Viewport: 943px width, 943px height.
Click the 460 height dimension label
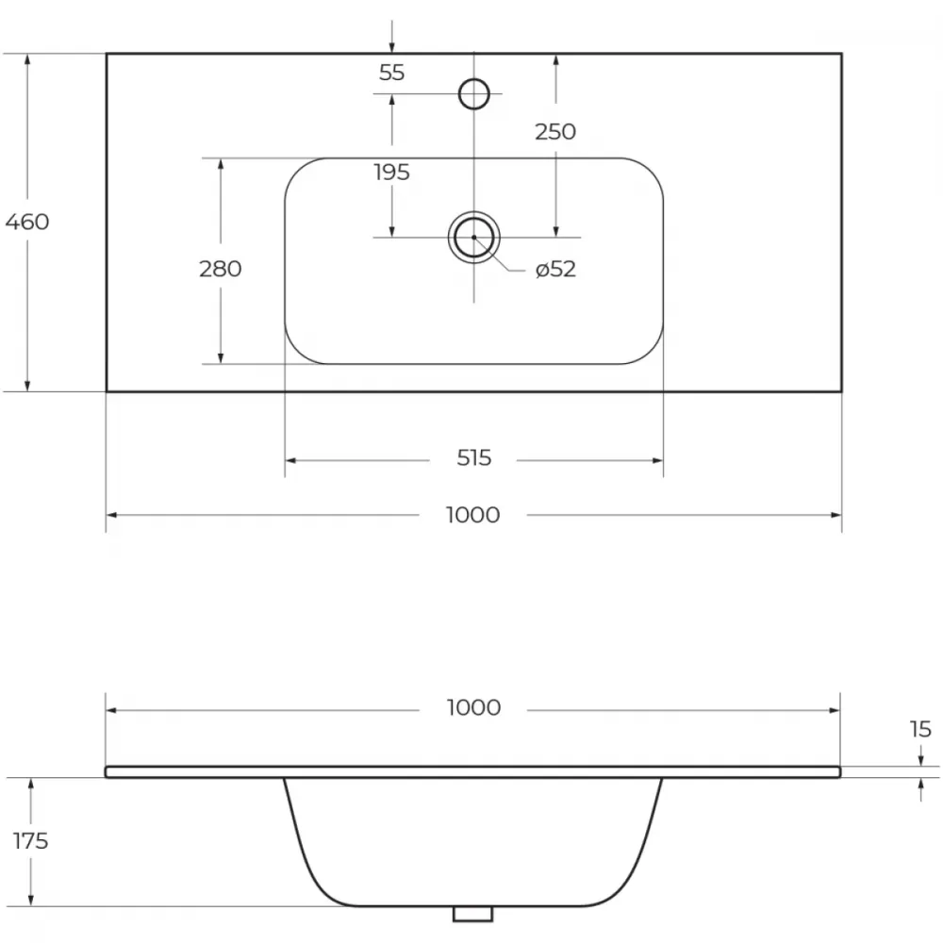pos(27,222)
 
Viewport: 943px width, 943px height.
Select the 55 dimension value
pos(391,73)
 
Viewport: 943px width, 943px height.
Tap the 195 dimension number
pos(391,173)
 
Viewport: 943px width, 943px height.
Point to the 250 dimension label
pos(555,132)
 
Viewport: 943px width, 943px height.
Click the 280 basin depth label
pos(220,269)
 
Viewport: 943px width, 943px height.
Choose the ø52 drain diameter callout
pos(555,269)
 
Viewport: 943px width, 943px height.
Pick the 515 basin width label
pos(474,458)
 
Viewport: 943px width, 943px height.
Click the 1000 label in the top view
pos(472,516)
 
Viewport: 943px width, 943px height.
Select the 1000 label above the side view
pos(473,708)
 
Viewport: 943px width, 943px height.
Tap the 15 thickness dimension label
pos(920,730)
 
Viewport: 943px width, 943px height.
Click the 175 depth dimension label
pos(31,841)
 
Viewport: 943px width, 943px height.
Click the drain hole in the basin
pos(474,238)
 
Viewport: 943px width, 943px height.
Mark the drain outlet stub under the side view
pos(472,913)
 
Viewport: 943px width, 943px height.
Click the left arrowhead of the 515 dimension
pos(290,461)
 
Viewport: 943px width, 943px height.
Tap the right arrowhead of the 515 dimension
pos(657,461)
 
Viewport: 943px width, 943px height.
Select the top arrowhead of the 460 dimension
pos(27,59)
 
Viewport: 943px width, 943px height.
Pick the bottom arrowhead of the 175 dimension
pos(31,900)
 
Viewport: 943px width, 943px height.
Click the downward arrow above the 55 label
pos(391,36)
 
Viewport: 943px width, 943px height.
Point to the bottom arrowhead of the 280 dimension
pos(221,357)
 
